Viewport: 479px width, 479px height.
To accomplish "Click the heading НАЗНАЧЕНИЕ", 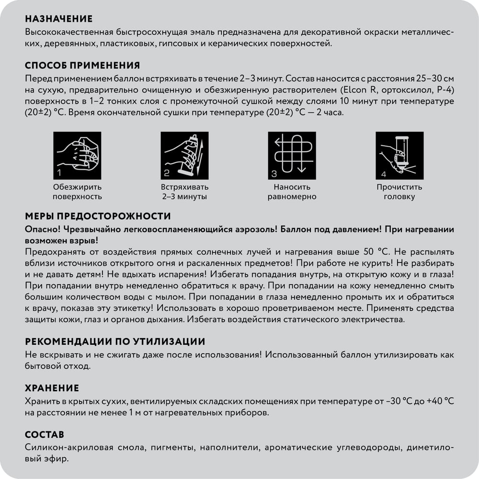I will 58,19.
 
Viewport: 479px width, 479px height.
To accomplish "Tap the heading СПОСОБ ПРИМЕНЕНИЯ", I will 82,66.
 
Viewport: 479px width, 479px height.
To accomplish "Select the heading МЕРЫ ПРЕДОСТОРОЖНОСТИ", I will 98,217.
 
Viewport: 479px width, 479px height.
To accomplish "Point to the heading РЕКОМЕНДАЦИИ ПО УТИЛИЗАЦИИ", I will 115,342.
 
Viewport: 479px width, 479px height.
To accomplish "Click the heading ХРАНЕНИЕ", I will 52,388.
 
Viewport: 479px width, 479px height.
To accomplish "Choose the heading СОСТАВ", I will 44,435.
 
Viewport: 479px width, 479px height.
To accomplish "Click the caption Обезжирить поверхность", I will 77,192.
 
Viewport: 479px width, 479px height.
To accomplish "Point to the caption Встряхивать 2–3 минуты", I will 184,192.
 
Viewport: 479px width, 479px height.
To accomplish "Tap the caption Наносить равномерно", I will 292,192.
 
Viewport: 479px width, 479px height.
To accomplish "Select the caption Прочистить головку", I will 399,192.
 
